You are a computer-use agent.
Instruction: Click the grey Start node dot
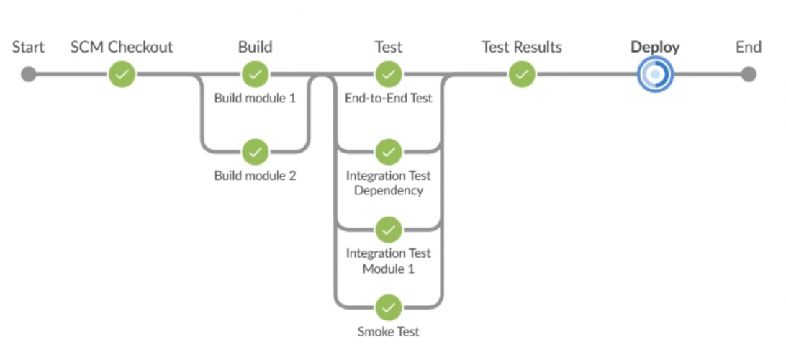(x=28, y=74)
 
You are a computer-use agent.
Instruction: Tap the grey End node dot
(x=749, y=74)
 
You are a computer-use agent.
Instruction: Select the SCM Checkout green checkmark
(x=122, y=74)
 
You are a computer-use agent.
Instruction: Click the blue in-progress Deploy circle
(x=654, y=74)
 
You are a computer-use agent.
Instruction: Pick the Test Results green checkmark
(x=522, y=74)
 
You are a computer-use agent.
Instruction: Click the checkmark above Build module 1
(x=255, y=74)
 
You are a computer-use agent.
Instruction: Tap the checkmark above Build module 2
(x=255, y=152)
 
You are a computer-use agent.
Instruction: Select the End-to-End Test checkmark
(x=389, y=74)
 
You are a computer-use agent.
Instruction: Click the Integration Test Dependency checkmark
(x=389, y=152)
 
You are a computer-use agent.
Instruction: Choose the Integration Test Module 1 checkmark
(x=389, y=230)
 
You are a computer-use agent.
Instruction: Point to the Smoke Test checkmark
(x=389, y=307)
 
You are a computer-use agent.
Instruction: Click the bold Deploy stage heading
(x=655, y=48)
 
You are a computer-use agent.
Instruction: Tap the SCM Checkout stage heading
(x=122, y=48)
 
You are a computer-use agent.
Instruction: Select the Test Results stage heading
(x=522, y=48)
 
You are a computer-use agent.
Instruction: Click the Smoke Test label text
(x=389, y=332)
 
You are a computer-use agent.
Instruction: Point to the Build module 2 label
(x=255, y=176)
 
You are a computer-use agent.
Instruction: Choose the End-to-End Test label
(x=389, y=98)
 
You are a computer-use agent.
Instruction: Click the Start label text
(x=28, y=48)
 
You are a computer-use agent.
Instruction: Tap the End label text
(x=749, y=48)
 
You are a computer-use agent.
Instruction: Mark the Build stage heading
(x=255, y=48)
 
